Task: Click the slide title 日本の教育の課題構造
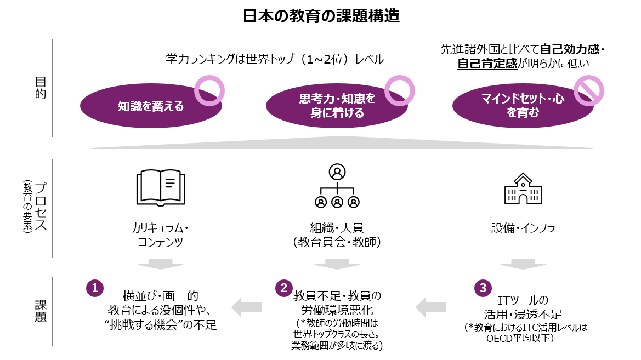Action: coord(321,16)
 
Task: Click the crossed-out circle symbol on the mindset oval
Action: coord(588,90)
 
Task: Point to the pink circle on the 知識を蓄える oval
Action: coord(209,90)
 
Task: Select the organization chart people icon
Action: coord(337,187)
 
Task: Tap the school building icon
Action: coord(522,190)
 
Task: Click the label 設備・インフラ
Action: coord(523,228)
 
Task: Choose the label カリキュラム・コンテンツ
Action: coord(160,235)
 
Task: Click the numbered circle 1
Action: coord(95,288)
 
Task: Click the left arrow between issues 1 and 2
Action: coord(247,307)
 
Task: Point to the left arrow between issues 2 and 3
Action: coord(431,307)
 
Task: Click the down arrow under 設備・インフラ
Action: coord(522,265)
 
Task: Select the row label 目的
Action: coord(41,88)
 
